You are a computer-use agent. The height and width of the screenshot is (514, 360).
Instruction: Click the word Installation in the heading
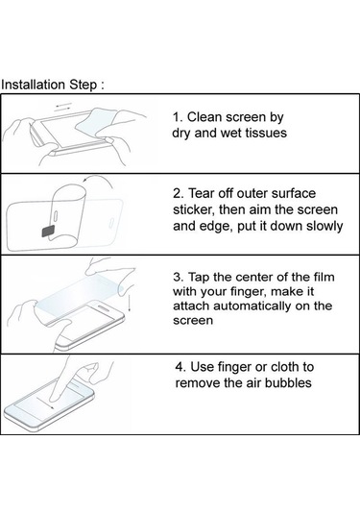click(x=33, y=85)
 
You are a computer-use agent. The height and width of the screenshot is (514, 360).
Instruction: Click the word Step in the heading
click(x=83, y=85)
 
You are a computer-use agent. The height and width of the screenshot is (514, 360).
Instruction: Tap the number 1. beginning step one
click(x=179, y=117)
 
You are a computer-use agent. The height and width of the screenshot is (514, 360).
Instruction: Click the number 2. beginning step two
click(x=179, y=193)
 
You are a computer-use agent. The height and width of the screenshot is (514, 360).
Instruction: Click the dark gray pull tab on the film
click(x=49, y=232)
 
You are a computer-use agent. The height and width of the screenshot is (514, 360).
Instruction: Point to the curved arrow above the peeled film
click(x=97, y=179)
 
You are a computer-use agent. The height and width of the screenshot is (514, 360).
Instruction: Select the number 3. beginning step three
click(x=179, y=277)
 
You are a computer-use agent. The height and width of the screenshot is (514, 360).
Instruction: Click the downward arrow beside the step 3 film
click(x=131, y=304)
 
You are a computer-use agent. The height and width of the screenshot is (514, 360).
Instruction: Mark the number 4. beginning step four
click(x=180, y=367)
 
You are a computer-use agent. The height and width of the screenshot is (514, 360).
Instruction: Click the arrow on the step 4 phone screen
click(x=45, y=404)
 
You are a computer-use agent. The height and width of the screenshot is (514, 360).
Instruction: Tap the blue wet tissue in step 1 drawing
click(x=97, y=122)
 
